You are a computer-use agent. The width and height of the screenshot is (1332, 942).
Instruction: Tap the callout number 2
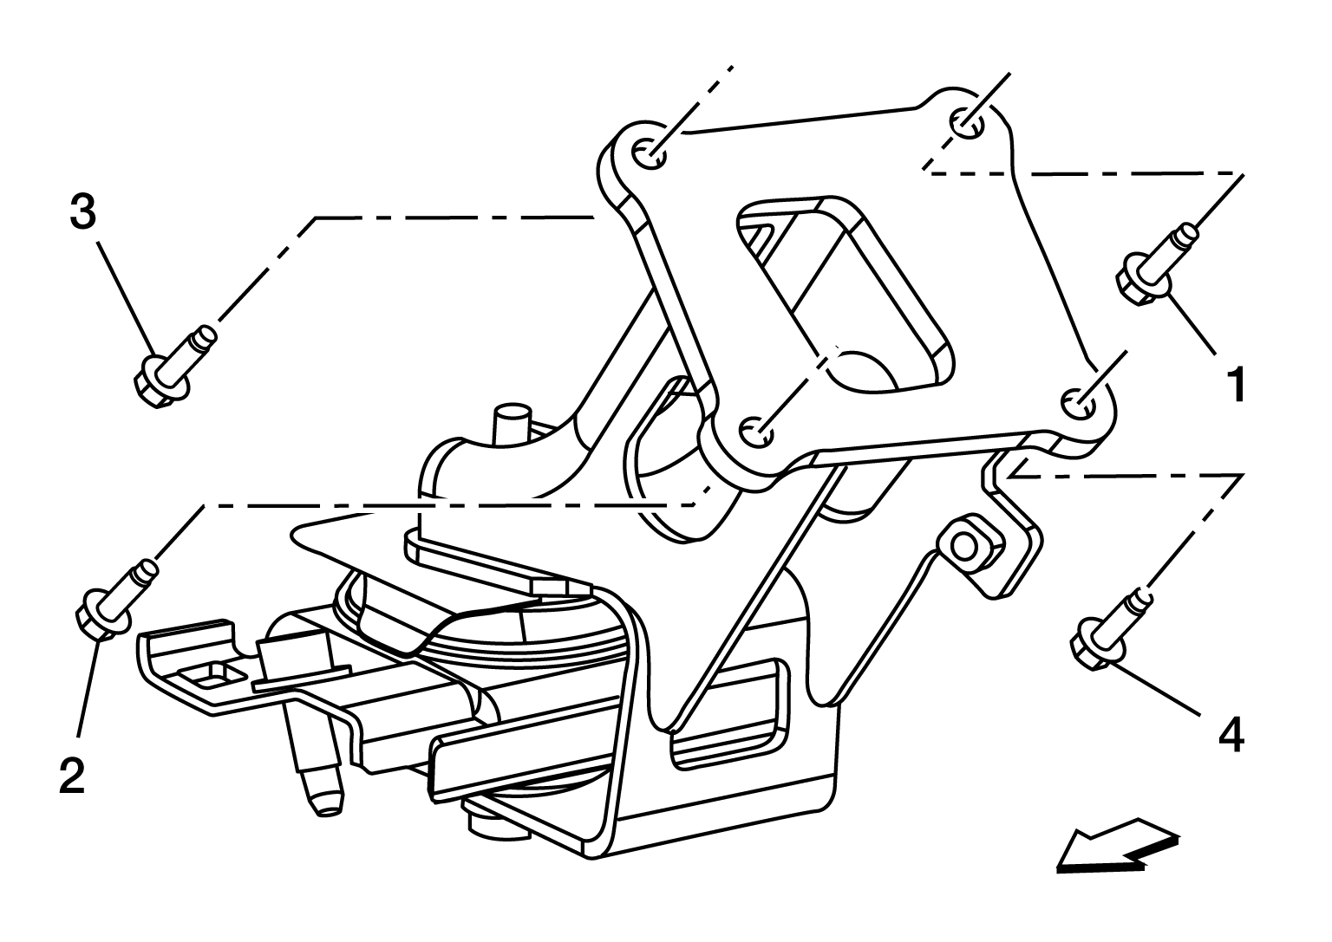point(72,775)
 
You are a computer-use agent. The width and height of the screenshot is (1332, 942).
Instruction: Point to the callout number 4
point(1231,735)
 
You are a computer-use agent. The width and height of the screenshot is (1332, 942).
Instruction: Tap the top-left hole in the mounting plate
point(650,154)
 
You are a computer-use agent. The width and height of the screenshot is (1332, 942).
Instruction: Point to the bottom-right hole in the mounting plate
point(1079,403)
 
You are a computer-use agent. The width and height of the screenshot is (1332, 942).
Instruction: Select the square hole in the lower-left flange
point(211,675)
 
